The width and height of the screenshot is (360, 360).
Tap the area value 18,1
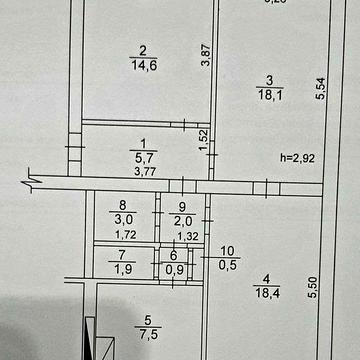[267, 96]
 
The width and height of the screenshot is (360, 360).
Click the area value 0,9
[175, 269]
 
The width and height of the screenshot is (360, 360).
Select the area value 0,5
[227, 265]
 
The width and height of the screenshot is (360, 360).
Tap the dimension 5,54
[319, 90]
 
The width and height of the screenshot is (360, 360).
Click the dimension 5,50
[316, 287]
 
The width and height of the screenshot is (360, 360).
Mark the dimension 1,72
[125, 236]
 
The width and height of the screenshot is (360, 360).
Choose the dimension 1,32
[186, 236]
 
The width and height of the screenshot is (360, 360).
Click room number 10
[227, 250]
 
